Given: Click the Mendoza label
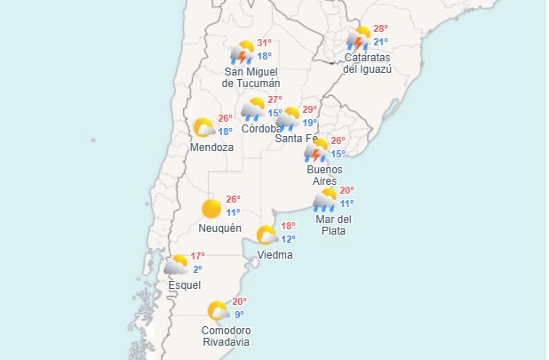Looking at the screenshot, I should (212, 148).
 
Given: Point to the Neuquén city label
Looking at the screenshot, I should (220, 228).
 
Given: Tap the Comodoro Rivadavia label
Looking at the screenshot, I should (226, 336).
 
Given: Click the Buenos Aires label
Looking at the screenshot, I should (324, 175).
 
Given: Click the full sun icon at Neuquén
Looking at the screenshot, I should (211, 209).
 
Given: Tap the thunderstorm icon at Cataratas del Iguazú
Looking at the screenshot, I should (358, 39).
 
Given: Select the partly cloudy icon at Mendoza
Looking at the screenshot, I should (204, 128).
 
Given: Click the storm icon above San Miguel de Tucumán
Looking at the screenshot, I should (243, 52).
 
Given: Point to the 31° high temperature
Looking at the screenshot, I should (264, 44).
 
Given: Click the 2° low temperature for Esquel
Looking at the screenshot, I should (197, 269).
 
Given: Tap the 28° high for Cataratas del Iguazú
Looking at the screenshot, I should (380, 29).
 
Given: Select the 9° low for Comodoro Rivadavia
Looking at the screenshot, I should (239, 314).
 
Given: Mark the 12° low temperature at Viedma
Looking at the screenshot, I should (289, 239).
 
